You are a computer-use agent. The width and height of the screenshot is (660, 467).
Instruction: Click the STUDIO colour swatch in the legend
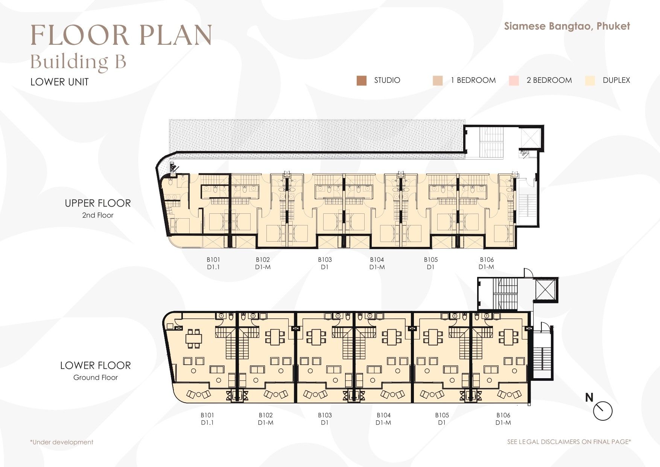pos(361,81)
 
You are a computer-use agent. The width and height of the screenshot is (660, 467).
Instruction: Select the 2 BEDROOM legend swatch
pos(514,81)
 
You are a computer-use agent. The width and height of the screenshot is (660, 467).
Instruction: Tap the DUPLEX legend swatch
pos(590,81)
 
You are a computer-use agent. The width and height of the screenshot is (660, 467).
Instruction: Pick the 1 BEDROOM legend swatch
pos(438,81)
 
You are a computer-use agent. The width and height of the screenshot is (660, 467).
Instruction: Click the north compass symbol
pos(602,411)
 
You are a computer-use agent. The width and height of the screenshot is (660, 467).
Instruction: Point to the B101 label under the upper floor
pos(213,260)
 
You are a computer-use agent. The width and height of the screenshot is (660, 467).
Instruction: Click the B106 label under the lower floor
pos(503,415)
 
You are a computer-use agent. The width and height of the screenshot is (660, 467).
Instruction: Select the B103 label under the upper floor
pos(325,260)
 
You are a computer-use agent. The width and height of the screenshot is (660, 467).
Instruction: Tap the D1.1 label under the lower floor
pos(207,423)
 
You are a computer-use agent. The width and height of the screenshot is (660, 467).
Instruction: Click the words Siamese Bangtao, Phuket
pos(567,26)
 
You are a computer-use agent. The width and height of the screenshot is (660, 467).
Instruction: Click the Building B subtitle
pos(78,62)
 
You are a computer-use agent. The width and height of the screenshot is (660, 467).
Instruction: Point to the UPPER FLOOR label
pos(98,203)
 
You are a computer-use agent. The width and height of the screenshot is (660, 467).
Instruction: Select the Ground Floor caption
pos(96,377)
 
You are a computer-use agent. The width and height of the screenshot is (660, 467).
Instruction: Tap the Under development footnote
pos(62,442)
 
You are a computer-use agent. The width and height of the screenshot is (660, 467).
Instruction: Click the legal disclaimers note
pos(569,442)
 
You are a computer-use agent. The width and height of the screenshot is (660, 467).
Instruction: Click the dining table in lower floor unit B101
pos(193,338)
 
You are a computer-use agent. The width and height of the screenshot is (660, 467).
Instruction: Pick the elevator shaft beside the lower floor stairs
pos(545,289)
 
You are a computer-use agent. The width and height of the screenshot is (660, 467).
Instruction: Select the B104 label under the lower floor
pos(383,415)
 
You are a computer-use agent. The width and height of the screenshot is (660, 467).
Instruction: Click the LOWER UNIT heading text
pos(59,82)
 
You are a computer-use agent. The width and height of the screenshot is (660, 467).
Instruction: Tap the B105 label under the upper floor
pos(431,260)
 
